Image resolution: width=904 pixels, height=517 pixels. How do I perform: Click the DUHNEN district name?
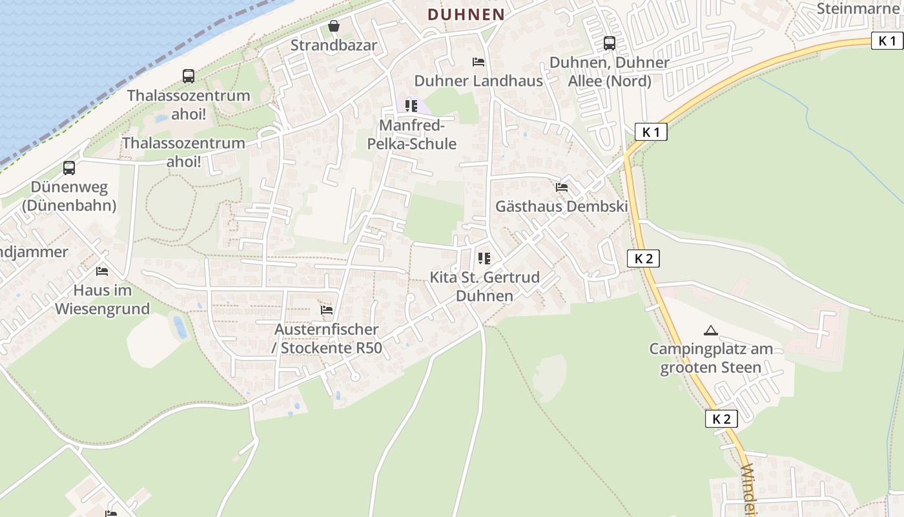pos(466,14)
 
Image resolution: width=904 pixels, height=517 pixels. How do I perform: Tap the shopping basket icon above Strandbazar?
pos(334,26)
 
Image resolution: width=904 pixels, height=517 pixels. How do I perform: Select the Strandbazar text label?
pos(334,45)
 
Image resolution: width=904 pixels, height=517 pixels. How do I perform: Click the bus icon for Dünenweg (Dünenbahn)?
pos(69,168)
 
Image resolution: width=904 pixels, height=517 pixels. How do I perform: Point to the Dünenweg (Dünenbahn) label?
pos(69,196)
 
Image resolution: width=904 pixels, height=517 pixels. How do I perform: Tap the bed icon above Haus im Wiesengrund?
pos(102,271)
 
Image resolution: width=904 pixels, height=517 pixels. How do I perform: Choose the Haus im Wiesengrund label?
pos(102,299)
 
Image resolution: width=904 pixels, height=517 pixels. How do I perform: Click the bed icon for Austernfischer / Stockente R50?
pos(327,310)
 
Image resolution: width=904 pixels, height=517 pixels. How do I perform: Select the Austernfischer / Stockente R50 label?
pos(327,339)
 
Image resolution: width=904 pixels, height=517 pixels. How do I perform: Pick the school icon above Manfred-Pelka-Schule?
pos(411,105)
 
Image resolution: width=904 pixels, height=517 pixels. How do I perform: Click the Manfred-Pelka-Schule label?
pos(411,134)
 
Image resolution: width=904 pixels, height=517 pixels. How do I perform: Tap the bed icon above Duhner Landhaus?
pos(478,62)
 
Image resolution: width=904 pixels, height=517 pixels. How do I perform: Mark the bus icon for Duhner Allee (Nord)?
pos(609,43)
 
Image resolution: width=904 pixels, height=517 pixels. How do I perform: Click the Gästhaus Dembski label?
pos(562,207)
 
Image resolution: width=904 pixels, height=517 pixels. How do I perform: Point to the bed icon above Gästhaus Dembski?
pos(562,187)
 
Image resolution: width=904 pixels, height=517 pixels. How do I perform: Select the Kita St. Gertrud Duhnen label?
pos(484,286)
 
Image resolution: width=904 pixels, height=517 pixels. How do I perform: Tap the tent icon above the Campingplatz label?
pos(710,330)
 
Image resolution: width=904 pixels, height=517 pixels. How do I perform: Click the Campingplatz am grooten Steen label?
pos(710,358)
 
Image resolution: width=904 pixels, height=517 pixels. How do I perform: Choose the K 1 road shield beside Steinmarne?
pos(887,41)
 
